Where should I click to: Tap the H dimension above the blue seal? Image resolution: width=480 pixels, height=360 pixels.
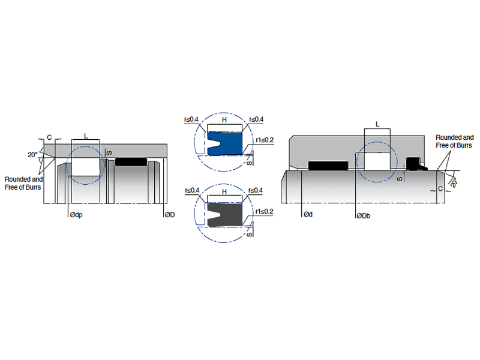click(x=224, y=120)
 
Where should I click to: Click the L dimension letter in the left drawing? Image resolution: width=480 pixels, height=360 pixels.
click(x=86, y=136)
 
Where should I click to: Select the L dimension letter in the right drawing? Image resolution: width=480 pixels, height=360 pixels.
click(x=377, y=124)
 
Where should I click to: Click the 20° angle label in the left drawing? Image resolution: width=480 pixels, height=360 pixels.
click(x=32, y=154)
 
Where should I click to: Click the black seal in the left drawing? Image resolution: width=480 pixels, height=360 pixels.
click(x=131, y=161)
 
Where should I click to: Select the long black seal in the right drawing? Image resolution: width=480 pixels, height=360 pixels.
click(x=327, y=164)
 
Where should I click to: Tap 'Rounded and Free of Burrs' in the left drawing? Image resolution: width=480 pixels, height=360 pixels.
click(x=23, y=182)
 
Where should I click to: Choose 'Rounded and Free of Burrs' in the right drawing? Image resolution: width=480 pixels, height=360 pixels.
click(x=454, y=141)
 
